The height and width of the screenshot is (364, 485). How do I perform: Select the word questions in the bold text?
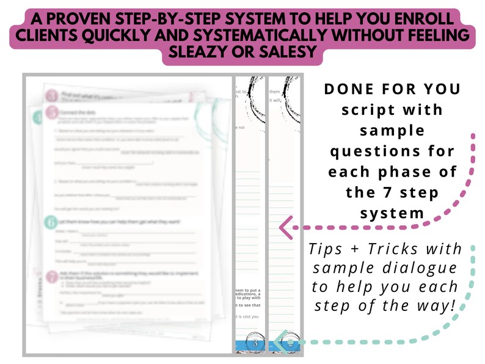coord(391,151)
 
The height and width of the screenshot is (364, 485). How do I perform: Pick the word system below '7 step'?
coord(392,214)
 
